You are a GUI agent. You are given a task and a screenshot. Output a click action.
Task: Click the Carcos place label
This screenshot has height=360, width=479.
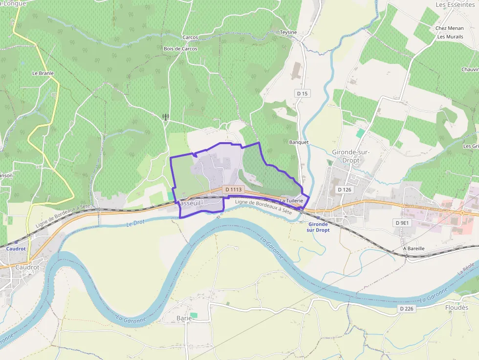coord(190,38)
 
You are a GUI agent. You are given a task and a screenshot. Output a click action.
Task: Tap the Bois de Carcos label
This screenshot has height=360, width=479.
coord(180,49)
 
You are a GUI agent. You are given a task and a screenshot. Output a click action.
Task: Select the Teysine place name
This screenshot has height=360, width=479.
coord(288,32)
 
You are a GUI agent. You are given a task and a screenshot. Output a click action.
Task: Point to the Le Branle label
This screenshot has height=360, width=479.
coord(43,73)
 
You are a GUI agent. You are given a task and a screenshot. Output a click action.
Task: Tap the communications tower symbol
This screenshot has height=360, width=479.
coord(165,117)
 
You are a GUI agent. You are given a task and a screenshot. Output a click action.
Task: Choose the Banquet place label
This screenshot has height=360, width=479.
coord(299,142)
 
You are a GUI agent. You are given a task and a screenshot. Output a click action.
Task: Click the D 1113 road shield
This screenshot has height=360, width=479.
coord(233,189)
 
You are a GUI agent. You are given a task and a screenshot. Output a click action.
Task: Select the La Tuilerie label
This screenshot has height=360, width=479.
coord(292,201)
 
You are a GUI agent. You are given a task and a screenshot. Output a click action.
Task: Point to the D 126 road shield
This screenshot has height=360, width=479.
coord(345,189)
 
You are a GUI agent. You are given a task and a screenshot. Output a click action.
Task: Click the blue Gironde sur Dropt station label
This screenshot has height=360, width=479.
coord(319,227)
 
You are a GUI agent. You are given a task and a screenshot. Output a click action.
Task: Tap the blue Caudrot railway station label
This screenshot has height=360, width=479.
coord(16,249)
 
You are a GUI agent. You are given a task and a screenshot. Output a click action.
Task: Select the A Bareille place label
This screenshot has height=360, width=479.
coord(414,249)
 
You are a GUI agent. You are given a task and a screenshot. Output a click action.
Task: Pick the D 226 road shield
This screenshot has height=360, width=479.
coord(407,309)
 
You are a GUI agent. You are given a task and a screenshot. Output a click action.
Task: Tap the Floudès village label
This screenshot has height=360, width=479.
coord(457,308)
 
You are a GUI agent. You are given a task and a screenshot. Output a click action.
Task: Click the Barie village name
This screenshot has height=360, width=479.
coord(184,318)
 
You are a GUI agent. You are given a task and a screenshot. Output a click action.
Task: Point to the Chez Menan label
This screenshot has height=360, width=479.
coord(449,28)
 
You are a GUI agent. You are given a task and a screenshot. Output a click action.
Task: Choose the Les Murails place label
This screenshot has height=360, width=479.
coord(450,37)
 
